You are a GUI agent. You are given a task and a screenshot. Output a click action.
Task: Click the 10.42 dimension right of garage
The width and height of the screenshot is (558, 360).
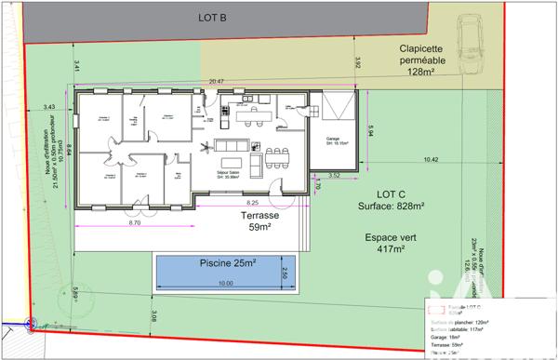(429, 159)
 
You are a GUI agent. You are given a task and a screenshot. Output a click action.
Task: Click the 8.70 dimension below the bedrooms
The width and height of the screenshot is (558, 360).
(134, 223)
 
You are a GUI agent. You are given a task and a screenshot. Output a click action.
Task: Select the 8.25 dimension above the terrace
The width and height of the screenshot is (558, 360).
(251, 202)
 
